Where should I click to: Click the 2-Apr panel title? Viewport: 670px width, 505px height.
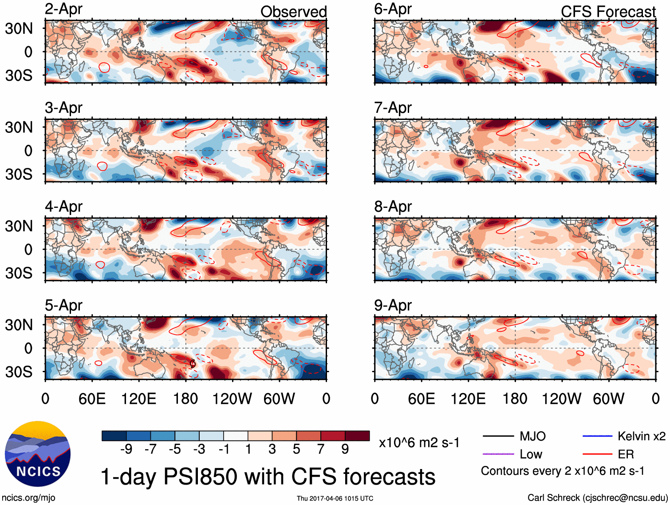63,9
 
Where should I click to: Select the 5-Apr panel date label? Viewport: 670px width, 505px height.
63,305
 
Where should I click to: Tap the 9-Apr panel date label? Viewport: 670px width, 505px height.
393,305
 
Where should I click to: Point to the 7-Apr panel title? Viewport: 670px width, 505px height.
393,107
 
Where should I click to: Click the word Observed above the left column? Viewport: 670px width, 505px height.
293,12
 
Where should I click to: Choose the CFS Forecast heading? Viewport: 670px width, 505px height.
608,12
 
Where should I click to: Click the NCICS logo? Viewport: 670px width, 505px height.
38,453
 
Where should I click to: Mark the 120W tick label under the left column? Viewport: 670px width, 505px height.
232,398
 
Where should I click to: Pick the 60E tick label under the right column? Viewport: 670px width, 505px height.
421,398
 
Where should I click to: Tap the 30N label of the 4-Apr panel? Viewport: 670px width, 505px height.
19,226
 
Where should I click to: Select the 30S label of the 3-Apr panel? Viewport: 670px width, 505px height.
19,174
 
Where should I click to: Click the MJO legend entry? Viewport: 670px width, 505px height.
532,436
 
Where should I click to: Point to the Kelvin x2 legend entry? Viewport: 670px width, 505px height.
641,436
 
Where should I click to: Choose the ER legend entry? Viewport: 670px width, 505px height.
626,454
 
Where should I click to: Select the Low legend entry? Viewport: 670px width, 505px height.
531,454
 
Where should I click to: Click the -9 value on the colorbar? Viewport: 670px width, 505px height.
126,449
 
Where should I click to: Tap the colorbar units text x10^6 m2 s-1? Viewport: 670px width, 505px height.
419,442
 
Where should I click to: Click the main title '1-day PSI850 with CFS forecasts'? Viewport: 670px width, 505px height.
268,477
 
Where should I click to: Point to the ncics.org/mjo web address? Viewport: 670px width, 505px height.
28,497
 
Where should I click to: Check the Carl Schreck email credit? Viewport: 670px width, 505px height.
597,497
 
